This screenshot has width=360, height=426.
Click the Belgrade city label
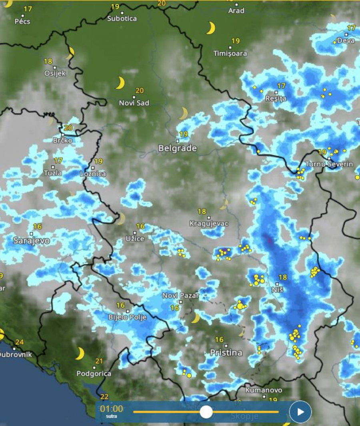pos(178,149)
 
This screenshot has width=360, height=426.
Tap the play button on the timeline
pos(300,412)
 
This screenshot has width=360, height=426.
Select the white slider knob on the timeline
pos(206,412)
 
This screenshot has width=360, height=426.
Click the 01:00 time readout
pos(112,409)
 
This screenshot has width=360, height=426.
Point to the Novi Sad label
pos(134,103)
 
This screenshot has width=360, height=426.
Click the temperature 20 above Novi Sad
pos(140,90)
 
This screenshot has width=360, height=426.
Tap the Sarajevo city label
pos(31,241)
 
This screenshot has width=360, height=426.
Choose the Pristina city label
pos(226,353)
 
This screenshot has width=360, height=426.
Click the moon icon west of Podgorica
pos(80,354)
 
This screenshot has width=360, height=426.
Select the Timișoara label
pos(230,54)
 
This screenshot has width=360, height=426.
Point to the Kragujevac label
pos(209,224)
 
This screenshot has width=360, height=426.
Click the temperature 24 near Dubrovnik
pos(19,342)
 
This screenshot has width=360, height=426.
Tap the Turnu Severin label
pos(329,164)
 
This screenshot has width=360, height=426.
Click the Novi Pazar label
pos(180,295)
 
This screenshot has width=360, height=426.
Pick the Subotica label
pos(122,18)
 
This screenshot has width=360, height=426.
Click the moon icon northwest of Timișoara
pos(210,28)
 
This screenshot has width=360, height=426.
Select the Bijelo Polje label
pos(128,317)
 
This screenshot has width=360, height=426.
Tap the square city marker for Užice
pos(135,233)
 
